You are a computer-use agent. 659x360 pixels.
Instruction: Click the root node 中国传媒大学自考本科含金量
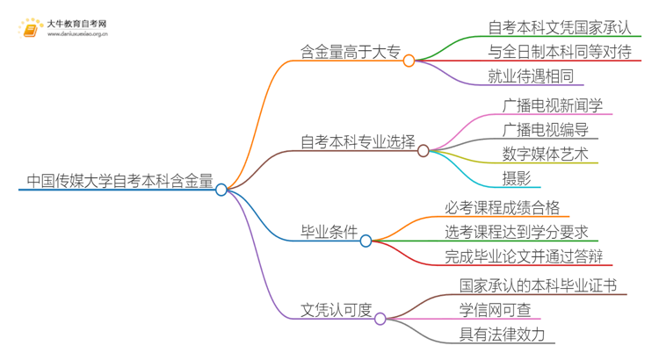click(x=119, y=182)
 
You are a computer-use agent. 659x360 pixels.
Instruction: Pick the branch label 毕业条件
click(x=329, y=233)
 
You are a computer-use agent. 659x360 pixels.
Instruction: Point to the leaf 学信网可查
click(x=495, y=309)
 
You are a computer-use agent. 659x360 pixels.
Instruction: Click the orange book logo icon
click(x=30, y=30)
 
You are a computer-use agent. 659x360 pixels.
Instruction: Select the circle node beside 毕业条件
click(x=366, y=241)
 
